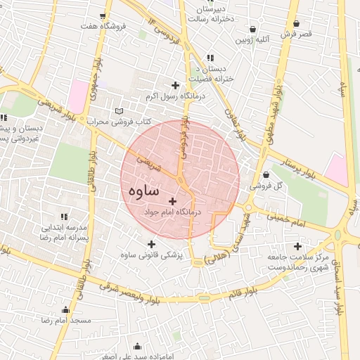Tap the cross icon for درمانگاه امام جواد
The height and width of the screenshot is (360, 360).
click(172, 202)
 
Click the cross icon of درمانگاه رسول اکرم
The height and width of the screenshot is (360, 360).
click(175, 85)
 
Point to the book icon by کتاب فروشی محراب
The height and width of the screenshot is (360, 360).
click(119, 111)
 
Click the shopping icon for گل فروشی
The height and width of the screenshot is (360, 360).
click(266, 175)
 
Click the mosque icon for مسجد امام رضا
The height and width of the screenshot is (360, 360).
click(66, 310)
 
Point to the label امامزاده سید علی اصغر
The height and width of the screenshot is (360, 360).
click(136, 355)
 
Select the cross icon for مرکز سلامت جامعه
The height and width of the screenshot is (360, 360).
click(298, 247)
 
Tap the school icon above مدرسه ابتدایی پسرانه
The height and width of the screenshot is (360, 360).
click(64, 217)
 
